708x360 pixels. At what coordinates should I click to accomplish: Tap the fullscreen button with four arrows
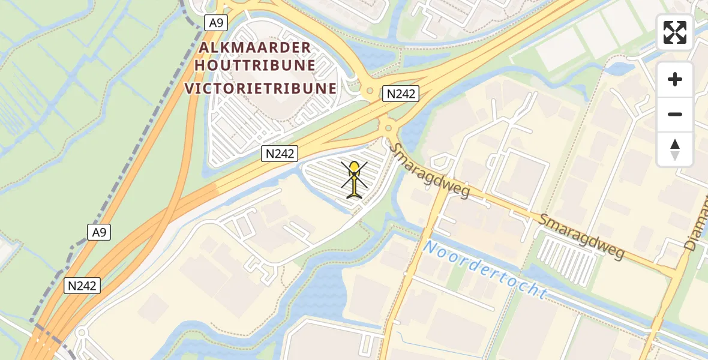pyautogui.click(x=675, y=32)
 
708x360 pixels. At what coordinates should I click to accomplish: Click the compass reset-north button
pyautogui.click(x=675, y=149)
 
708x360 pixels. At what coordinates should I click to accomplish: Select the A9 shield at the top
pyautogui.click(x=215, y=23)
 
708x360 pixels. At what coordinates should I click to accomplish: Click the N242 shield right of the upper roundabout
pyautogui.click(x=401, y=94)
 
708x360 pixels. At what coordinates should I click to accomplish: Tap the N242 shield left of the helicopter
pyautogui.click(x=280, y=154)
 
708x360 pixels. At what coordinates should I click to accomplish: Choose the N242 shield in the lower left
pyautogui.click(x=82, y=286)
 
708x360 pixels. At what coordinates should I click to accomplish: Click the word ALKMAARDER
pyautogui.click(x=256, y=47)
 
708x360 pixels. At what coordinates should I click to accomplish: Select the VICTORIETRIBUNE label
pyautogui.click(x=260, y=89)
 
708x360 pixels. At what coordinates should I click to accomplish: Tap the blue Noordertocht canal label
pyautogui.click(x=485, y=270)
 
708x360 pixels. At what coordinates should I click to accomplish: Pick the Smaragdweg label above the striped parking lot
pyautogui.click(x=581, y=236)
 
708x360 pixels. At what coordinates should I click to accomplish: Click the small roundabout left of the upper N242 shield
pyautogui.click(x=367, y=92)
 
